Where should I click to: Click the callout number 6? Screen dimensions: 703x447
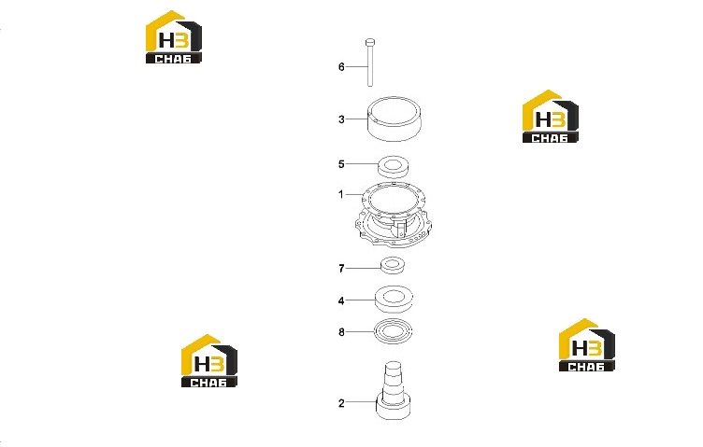(341, 67)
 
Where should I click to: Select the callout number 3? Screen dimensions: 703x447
(341, 119)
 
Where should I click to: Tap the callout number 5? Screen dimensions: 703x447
(341, 164)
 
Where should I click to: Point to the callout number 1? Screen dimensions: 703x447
(340, 195)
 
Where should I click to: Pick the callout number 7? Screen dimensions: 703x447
(341, 269)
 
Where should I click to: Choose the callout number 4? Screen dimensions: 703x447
(341, 301)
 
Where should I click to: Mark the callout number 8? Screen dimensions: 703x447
(341, 332)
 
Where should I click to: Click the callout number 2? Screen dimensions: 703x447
(341, 403)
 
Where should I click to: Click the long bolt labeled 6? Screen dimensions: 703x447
(370, 63)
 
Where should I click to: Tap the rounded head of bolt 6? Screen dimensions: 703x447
(370, 43)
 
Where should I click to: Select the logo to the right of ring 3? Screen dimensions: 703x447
(550, 117)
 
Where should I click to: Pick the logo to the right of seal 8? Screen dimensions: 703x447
(586, 345)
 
